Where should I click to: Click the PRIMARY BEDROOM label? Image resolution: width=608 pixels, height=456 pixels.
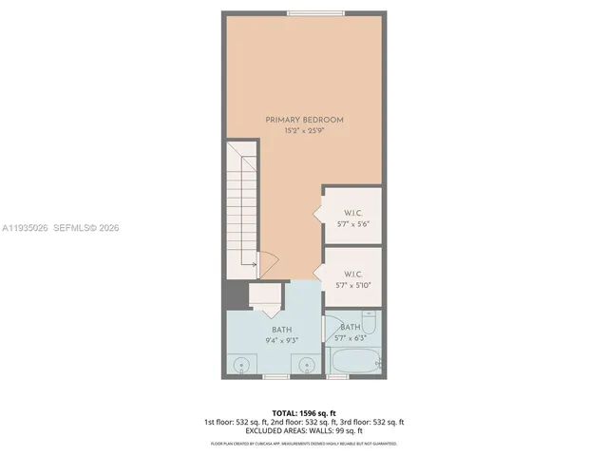click(304, 119)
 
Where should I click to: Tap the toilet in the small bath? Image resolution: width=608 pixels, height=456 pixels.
click(369, 323)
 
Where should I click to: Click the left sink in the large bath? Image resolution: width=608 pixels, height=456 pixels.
click(244, 364)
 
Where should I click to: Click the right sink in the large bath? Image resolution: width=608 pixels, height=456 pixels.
click(307, 364)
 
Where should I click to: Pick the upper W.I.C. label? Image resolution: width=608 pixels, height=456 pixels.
click(352, 212)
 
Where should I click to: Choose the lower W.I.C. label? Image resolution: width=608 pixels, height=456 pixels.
click(352, 274)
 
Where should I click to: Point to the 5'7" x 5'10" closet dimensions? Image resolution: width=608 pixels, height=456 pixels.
click(352, 285)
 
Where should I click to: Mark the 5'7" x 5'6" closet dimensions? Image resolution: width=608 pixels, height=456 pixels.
click(352, 223)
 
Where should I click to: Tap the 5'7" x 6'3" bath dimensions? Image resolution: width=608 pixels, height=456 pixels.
click(351, 338)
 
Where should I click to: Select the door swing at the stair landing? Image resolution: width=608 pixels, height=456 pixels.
click(268, 261)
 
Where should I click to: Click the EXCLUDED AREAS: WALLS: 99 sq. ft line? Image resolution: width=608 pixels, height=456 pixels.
click(304, 430)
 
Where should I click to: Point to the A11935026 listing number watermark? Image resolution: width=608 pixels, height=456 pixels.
click(26, 228)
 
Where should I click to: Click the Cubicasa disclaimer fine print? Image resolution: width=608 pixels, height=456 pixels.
click(304, 443)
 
